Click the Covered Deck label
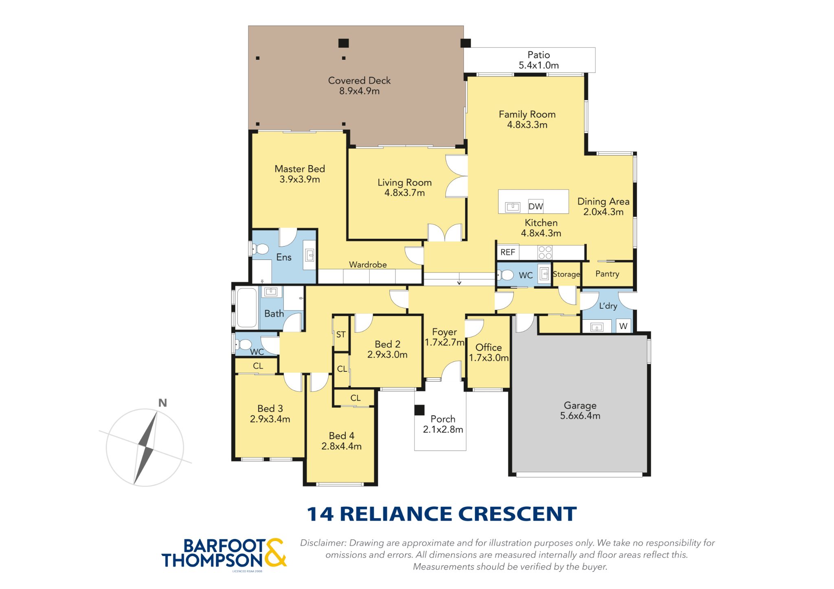point(359,86)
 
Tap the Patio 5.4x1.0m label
point(538,60)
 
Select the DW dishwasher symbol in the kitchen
point(536,206)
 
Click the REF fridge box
point(508,252)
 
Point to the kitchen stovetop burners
point(545,253)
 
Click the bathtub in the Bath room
point(247,308)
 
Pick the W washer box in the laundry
point(623,326)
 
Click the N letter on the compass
point(162,403)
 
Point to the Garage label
point(580,410)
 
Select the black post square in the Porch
point(419,410)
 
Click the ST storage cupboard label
point(341,334)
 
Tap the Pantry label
point(607,274)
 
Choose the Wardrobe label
point(368,264)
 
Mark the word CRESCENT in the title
point(518,514)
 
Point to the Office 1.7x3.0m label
point(489,352)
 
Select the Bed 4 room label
point(341,441)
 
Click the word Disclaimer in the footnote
point(323,543)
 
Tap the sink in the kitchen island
point(513,207)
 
